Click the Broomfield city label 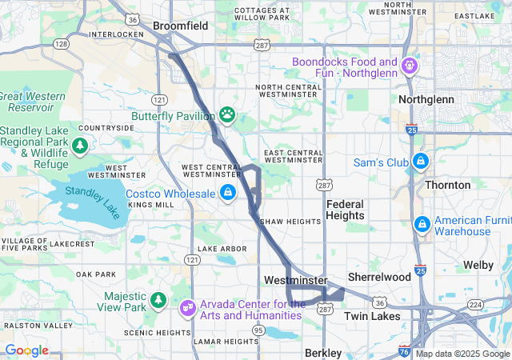tap(180, 26)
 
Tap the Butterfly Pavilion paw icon tap(228, 114)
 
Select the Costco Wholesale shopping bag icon tap(228, 193)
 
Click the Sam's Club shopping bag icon tap(420, 162)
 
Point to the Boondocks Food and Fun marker tap(410, 63)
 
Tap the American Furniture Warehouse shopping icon tap(421, 223)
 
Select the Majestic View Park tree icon tap(159, 300)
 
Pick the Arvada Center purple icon tap(187, 306)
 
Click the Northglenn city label tap(426, 99)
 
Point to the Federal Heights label tap(346, 210)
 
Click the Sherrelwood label tap(379, 277)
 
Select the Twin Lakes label tap(370, 316)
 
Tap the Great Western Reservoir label tap(32, 101)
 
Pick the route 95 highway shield tap(258, 330)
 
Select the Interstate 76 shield tap(403, 350)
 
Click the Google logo tap(26, 350)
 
